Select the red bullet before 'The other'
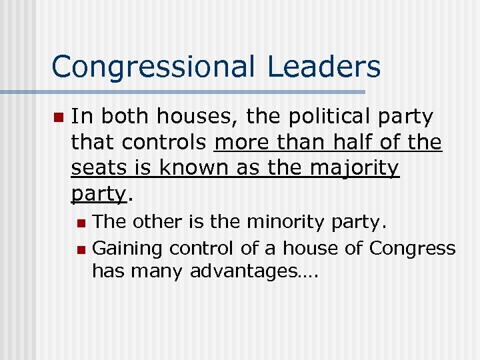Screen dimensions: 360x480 pos(81,222)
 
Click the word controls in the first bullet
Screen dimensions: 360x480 pos(175,142)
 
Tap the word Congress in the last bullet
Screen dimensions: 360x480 pos(413,248)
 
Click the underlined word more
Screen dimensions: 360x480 pos(243,142)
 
